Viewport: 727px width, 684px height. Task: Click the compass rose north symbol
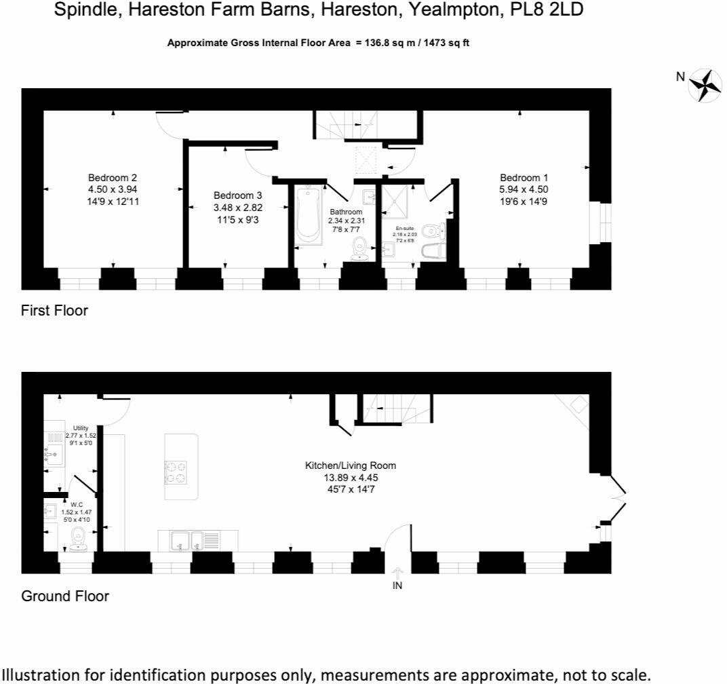click(705, 85)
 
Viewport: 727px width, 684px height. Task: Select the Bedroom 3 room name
click(233, 194)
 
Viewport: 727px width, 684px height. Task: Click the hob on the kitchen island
click(176, 472)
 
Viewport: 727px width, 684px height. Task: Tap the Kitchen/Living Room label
click(350, 465)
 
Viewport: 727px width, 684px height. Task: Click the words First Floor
click(55, 311)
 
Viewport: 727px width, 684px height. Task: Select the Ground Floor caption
click(65, 596)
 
